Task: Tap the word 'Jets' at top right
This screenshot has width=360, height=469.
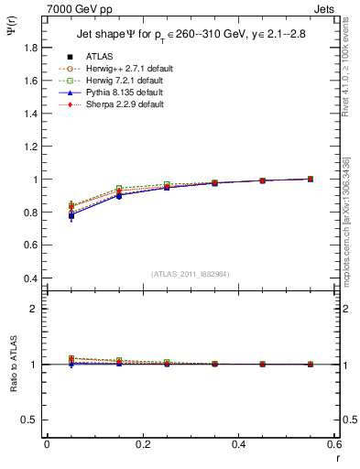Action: [x=324, y=8]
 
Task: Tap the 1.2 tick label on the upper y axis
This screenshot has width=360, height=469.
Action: [x=30, y=147]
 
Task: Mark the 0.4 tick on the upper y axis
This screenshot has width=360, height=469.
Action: [x=30, y=278]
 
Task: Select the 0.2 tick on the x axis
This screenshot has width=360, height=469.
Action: [x=143, y=444]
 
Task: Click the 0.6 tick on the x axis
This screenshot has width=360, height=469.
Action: [x=334, y=444]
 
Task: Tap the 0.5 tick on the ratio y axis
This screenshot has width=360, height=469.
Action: [x=30, y=420]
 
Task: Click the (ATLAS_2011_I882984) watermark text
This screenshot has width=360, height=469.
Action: [x=191, y=273]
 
